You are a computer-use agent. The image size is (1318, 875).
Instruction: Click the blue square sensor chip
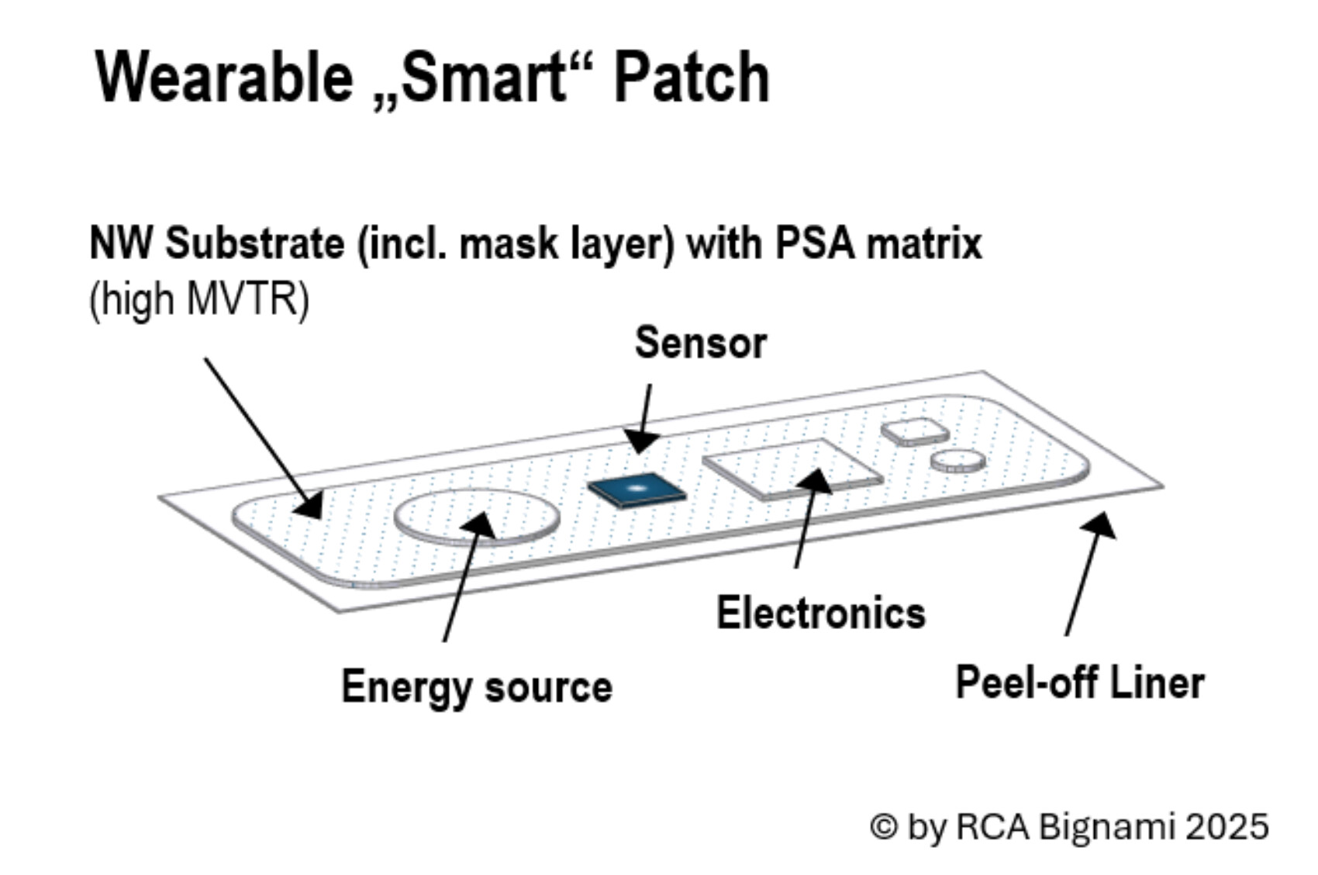pyautogui.click(x=637, y=489)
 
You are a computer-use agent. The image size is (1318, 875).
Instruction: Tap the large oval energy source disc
pyautogui.click(x=477, y=516)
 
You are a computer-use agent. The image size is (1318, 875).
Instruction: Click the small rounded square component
pyautogui.click(x=915, y=431)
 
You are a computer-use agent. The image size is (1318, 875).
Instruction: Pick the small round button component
pyautogui.click(x=958, y=461)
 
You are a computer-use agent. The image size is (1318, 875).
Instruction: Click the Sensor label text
pyautogui.click(x=700, y=343)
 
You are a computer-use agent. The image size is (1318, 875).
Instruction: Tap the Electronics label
pyautogui.click(x=820, y=613)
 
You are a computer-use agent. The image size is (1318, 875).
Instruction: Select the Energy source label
pyautogui.click(x=477, y=687)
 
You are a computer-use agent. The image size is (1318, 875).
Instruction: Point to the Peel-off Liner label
pyautogui.click(x=1080, y=683)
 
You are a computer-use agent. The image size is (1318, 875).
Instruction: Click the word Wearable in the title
pyautogui.click(x=224, y=77)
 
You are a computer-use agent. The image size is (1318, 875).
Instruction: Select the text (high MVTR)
pyautogui.click(x=199, y=299)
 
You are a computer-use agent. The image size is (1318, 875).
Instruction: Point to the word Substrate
pyautogui.click(x=255, y=243)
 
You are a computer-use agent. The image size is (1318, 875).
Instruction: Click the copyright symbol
pyautogui.click(x=884, y=827)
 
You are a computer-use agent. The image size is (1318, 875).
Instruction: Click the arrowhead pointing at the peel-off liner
pyautogui.click(x=1102, y=525)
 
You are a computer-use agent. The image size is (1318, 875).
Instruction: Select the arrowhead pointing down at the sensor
pyautogui.click(x=640, y=441)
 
